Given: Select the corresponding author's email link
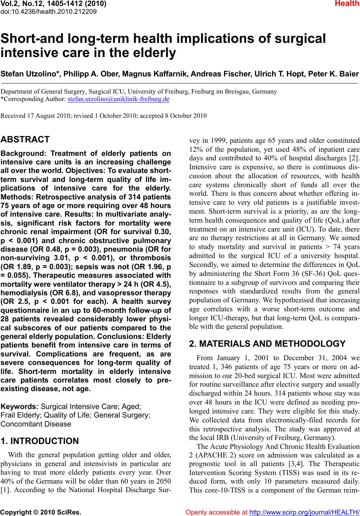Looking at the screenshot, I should point(119,99).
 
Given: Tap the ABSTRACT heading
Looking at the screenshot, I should point(25,140).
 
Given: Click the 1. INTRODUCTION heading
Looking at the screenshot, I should point(40,441).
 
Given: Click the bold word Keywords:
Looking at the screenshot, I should point(19,406).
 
